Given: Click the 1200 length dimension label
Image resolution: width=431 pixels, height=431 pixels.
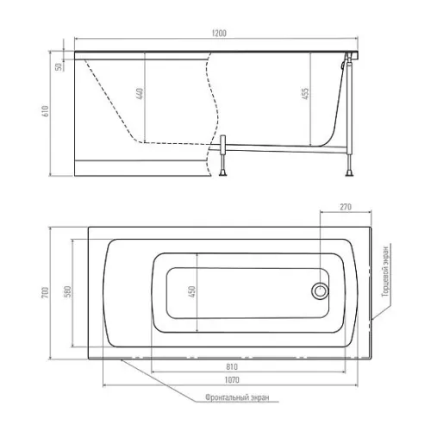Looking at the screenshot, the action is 219,34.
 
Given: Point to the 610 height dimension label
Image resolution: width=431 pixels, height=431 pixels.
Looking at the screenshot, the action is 46,111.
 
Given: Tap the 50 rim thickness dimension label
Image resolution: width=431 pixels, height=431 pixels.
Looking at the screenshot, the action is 59,66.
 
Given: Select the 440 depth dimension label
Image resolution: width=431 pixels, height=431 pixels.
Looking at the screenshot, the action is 140,94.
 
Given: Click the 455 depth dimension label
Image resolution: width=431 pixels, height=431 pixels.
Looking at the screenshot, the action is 305,94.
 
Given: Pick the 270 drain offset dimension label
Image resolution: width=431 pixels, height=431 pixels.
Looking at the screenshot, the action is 346,207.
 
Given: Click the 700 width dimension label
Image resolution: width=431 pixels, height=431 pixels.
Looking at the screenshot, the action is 46,292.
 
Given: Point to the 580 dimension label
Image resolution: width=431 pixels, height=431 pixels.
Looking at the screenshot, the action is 68,292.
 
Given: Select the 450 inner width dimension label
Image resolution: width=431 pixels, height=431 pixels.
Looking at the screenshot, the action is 192,292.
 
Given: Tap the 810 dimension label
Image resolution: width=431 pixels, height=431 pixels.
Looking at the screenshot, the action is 232,367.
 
